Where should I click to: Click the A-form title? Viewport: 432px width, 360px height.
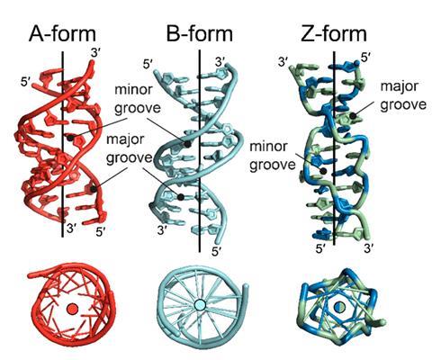[x=62, y=34]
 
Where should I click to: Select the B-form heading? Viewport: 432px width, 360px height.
[x=200, y=34]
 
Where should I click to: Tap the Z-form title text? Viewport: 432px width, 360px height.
[x=334, y=34]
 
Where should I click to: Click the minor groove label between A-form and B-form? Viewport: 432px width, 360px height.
[x=138, y=99]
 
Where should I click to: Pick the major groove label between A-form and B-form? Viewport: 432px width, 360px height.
[x=130, y=148]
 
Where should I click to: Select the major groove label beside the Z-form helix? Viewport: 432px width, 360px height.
[x=403, y=95]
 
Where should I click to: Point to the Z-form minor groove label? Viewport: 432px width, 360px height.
[x=273, y=156]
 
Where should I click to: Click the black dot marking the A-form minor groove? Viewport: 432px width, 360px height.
[x=70, y=139]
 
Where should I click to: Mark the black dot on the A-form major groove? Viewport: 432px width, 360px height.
[x=94, y=189]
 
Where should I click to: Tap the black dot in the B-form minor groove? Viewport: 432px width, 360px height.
[x=187, y=144]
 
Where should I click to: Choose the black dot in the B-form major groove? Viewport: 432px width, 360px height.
[x=181, y=197]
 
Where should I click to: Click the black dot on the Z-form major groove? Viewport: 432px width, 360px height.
[x=354, y=115]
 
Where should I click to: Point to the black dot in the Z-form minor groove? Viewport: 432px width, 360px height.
[x=323, y=171]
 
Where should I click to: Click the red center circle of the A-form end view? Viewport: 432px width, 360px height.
[x=72, y=309]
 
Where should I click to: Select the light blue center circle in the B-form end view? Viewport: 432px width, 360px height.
[x=200, y=305]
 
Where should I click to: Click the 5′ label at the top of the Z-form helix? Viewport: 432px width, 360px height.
[x=366, y=58]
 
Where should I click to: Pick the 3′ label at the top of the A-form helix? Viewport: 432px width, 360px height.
[x=95, y=53]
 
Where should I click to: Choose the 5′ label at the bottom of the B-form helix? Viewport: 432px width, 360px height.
[x=217, y=251]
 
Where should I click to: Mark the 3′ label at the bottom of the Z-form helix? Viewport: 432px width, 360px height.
[x=368, y=248]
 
